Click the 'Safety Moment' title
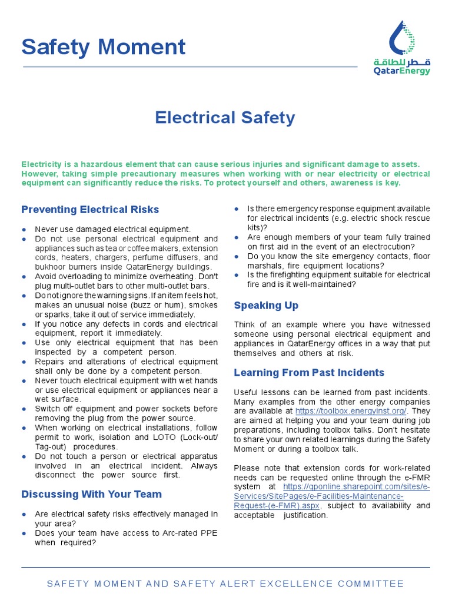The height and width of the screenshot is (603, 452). [104, 47]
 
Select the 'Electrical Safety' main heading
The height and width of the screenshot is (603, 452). [225, 118]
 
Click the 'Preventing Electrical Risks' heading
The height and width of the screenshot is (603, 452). [90, 210]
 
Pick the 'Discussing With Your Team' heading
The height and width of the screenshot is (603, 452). [91, 494]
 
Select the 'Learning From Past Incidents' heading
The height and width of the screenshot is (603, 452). [309, 372]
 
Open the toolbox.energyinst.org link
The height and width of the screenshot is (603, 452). [350, 411]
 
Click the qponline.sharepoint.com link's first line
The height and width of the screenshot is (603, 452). [356, 487]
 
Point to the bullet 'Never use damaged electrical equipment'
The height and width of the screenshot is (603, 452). [112, 229]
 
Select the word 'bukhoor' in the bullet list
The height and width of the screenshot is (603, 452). [49, 267]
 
